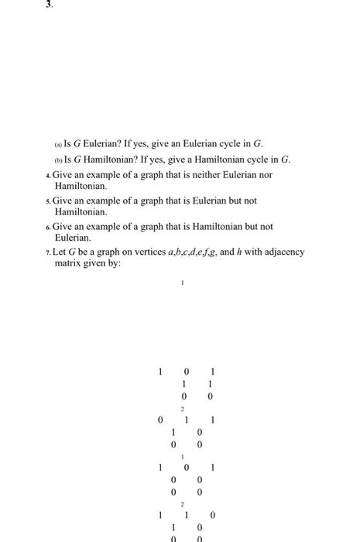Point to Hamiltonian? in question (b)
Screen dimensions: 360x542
(109, 160)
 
